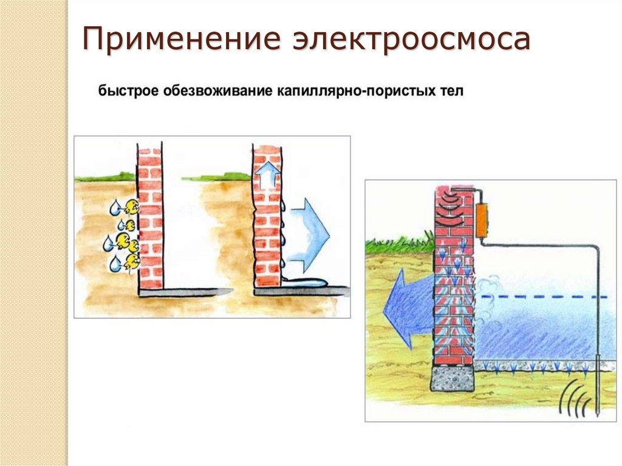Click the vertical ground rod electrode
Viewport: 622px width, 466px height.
coord(599,340)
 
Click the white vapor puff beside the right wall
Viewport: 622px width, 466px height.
coord(488,286)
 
